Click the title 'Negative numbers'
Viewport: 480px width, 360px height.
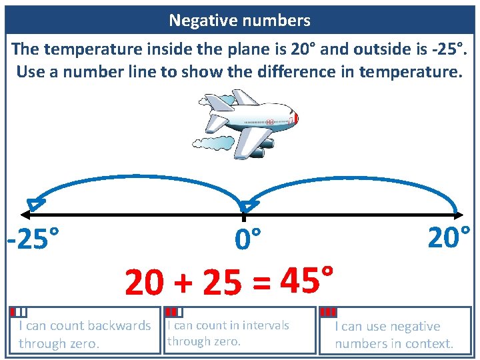[239, 21]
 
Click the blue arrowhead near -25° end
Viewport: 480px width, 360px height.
[35, 204]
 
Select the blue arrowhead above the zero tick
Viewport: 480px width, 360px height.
[249, 207]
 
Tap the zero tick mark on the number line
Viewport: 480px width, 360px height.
[244, 217]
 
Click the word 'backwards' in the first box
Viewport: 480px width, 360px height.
[119, 326]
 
